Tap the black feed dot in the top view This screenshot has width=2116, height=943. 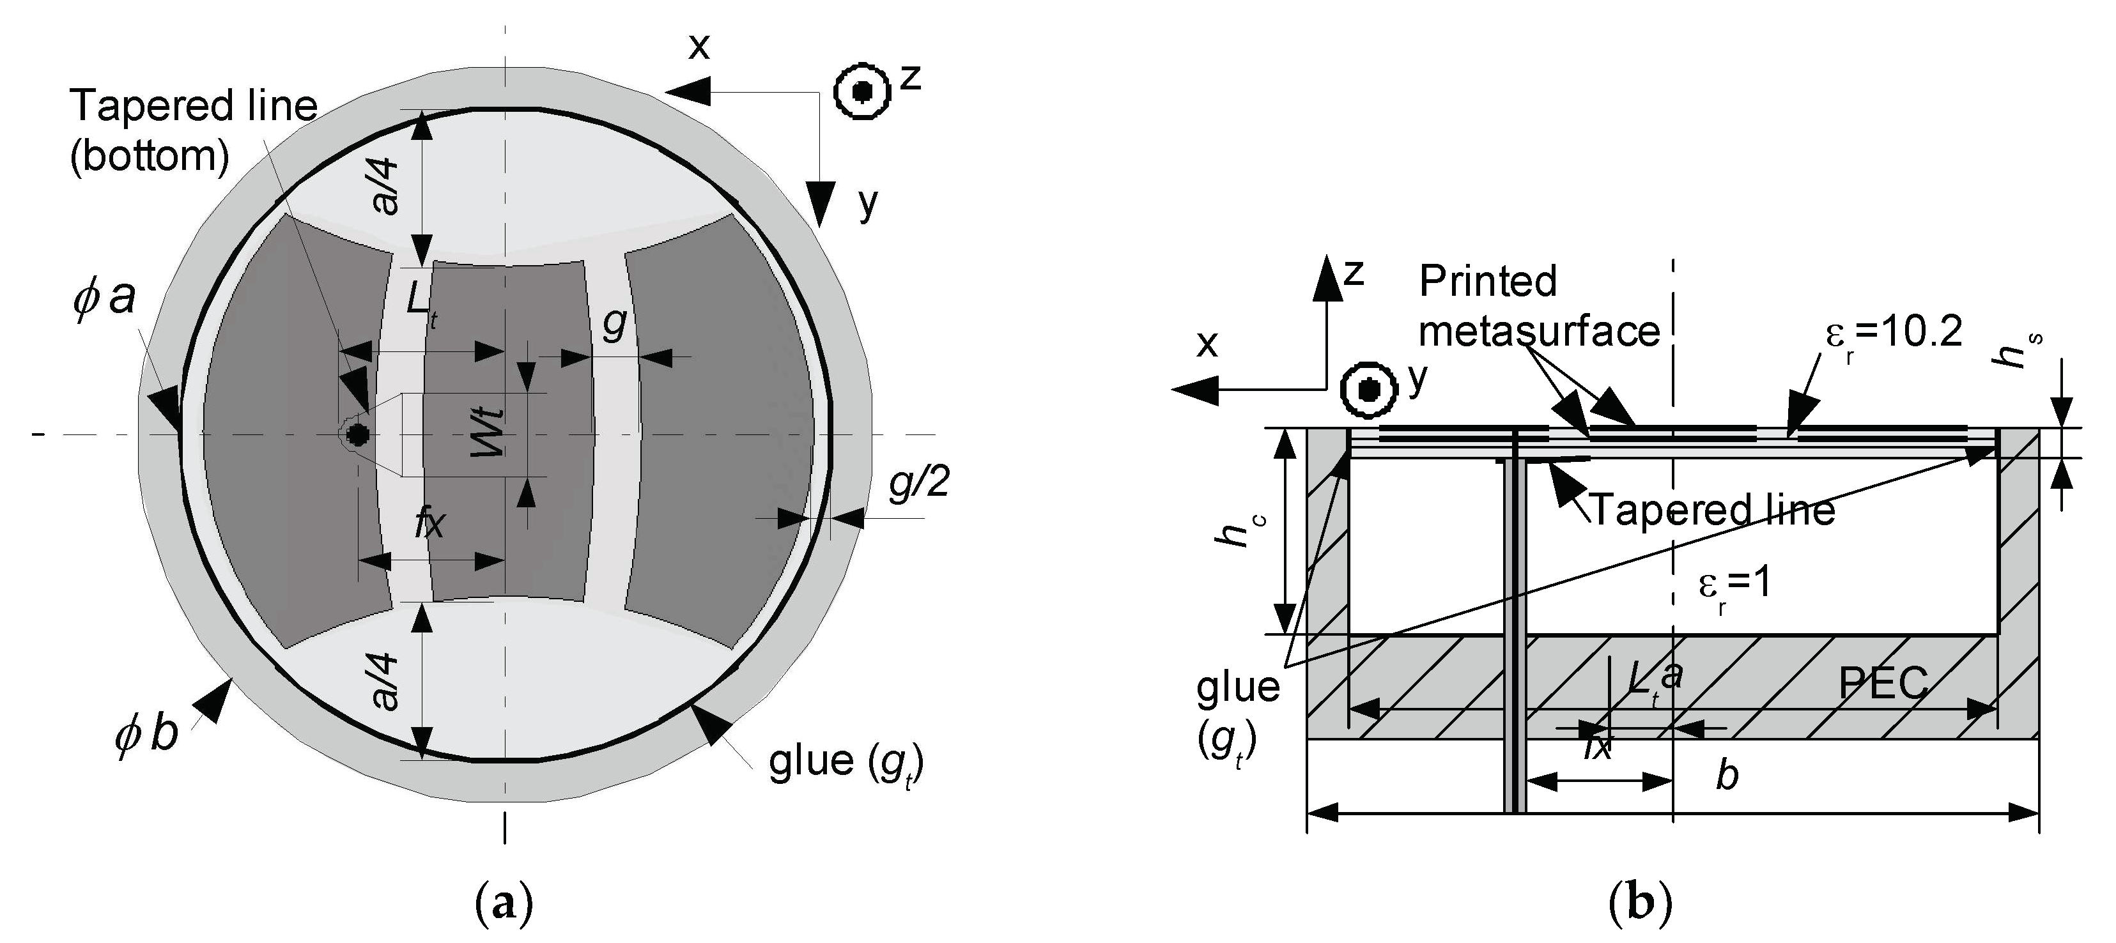357,434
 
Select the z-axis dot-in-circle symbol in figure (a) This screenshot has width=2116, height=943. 861,92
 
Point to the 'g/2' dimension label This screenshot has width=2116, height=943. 919,484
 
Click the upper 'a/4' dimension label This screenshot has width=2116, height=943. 385,187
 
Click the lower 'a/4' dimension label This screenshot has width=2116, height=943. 385,681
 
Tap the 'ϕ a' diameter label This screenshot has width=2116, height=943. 104,296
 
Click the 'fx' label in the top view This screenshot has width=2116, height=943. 429,523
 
